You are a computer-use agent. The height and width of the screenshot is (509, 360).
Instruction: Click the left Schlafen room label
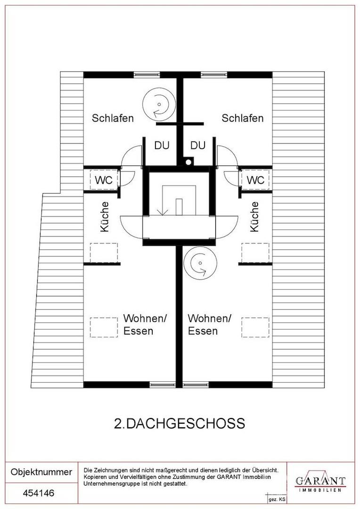tap(113, 118)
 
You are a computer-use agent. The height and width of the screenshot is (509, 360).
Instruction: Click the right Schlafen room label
tap(242, 118)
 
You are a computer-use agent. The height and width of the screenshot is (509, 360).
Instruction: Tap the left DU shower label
tap(162, 146)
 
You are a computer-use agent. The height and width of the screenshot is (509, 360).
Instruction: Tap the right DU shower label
tap(198, 146)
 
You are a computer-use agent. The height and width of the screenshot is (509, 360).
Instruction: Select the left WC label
tap(104, 181)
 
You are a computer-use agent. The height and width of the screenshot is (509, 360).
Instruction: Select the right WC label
tap(255, 181)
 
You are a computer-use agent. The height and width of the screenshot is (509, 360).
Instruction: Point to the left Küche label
tap(105, 217)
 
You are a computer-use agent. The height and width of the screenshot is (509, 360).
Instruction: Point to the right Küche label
tap(254, 217)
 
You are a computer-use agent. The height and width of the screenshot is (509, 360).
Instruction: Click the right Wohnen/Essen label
tap(209, 325)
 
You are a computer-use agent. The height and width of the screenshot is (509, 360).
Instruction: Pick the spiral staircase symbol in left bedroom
tap(158, 102)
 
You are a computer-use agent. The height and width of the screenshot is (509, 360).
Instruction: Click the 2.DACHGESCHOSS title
tap(180, 423)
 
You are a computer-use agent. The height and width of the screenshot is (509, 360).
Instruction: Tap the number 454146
tap(39, 493)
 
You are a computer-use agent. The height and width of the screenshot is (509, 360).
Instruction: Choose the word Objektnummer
tap(41, 472)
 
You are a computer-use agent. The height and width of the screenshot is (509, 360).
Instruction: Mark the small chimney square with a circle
tap(188, 163)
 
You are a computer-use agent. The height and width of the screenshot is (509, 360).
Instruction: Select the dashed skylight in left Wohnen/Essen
tap(104, 327)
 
